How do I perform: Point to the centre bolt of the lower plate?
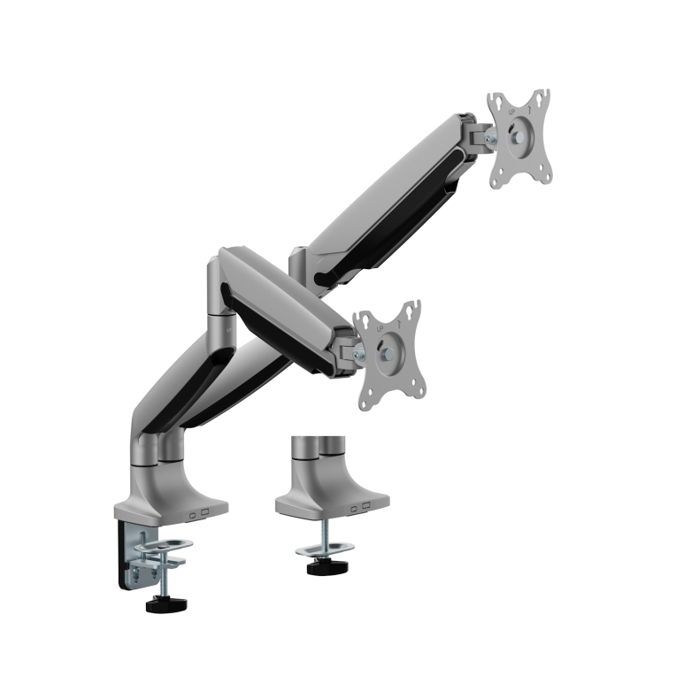(x=387, y=354)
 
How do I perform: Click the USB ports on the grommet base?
(x=361, y=508)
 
